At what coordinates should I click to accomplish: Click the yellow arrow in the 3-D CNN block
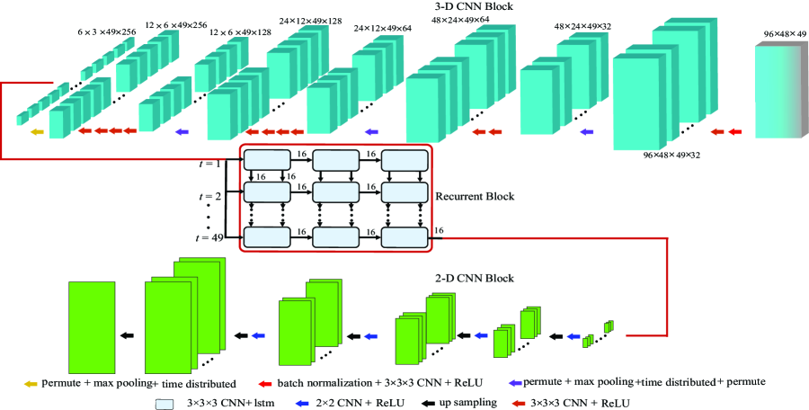point(36,132)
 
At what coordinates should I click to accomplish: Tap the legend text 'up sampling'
point(468,404)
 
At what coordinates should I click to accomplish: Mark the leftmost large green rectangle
point(92,321)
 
